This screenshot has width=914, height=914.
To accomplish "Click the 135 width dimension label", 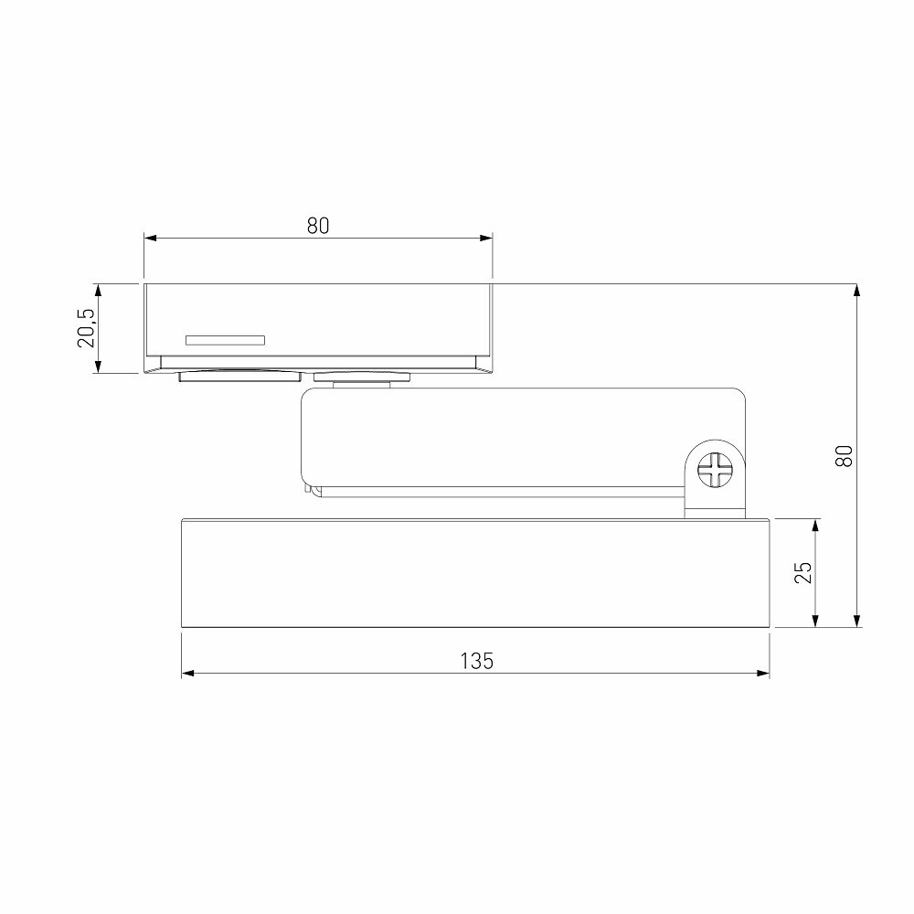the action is [476, 661].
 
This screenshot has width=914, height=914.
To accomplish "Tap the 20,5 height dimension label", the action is [86, 329].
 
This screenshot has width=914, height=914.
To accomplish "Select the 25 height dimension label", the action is [802, 572].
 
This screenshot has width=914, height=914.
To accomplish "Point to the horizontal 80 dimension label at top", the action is [318, 226].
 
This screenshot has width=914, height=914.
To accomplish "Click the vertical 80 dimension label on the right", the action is [844, 455].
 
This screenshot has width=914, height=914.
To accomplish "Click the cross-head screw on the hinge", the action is [716, 470].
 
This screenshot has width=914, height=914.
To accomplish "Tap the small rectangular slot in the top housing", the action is [225, 340].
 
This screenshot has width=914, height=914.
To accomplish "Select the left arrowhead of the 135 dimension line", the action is [187, 674].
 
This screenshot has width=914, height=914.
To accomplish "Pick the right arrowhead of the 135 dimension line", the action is [763, 674].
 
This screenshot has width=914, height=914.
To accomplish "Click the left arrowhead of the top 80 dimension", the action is [151, 238].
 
